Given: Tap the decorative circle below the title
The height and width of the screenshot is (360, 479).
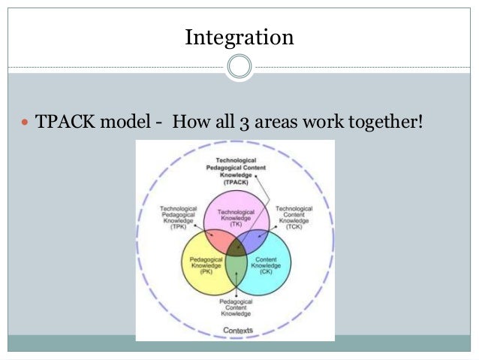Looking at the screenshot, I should click(x=239, y=67).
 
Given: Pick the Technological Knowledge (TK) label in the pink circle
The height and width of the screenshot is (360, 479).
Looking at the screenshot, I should click(x=236, y=217).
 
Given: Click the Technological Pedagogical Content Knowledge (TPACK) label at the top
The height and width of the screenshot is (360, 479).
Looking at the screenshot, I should click(x=236, y=170).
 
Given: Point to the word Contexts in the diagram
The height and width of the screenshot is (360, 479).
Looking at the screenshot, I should click(x=237, y=329).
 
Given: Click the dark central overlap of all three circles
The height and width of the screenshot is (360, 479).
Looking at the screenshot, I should click(x=236, y=247).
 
